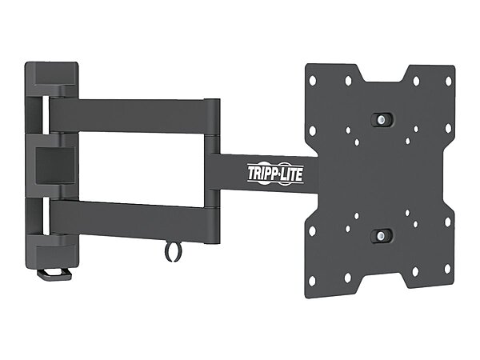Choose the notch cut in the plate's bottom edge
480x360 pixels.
(381, 279)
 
